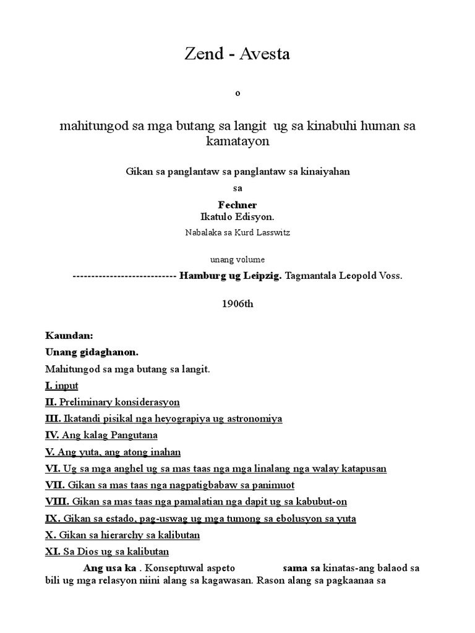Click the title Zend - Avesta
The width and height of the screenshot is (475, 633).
click(x=237, y=54)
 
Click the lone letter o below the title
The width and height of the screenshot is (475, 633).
click(x=237, y=94)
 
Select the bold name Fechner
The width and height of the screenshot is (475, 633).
click(x=237, y=205)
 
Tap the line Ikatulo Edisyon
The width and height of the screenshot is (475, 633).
click(x=237, y=217)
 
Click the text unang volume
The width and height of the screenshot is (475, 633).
click(x=237, y=260)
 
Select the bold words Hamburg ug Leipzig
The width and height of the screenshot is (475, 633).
click(x=231, y=276)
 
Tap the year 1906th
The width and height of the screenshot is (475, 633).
click(x=237, y=304)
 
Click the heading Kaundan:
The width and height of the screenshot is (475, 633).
click(x=69, y=336)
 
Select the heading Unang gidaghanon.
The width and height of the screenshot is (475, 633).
click(x=92, y=352)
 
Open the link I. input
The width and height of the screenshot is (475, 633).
click(x=62, y=386)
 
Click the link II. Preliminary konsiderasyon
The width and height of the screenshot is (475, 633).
click(x=113, y=402)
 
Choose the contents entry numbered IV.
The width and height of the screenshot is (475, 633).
click(x=101, y=436)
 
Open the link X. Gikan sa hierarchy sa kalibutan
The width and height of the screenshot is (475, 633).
click(x=122, y=535)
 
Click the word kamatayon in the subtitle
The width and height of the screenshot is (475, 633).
click(x=237, y=142)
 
